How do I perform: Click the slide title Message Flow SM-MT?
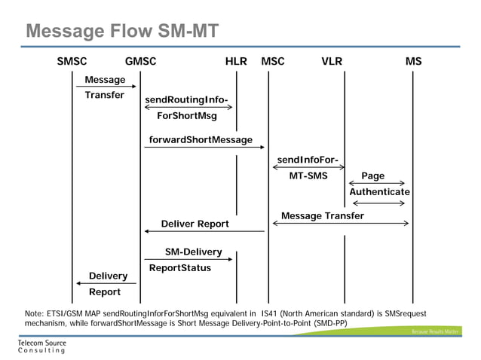pyautogui.click(x=122, y=31)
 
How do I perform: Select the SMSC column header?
pyautogui.click(x=72, y=62)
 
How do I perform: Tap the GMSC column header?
pyautogui.click(x=140, y=62)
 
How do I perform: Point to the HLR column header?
pyautogui.click(x=236, y=62)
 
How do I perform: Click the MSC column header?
pyautogui.click(x=272, y=62)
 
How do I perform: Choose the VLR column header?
pyautogui.click(x=332, y=62)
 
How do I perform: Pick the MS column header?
pyautogui.click(x=413, y=62)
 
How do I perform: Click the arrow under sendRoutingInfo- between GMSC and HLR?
pyautogui.click(x=188, y=107)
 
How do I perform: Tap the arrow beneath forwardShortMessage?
pyautogui.click(x=204, y=148)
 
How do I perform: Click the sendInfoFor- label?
pyautogui.click(x=307, y=160)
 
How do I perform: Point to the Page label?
pyautogui.click(x=372, y=175)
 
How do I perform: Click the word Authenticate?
pyautogui.click(x=379, y=192)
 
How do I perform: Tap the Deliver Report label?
pyautogui.click(x=195, y=224)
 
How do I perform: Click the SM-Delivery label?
pyautogui.click(x=193, y=252)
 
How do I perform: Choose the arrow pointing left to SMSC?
pyautogui.click(x=106, y=283)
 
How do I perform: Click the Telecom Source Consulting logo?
pyautogui.click(x=41, y=346)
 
